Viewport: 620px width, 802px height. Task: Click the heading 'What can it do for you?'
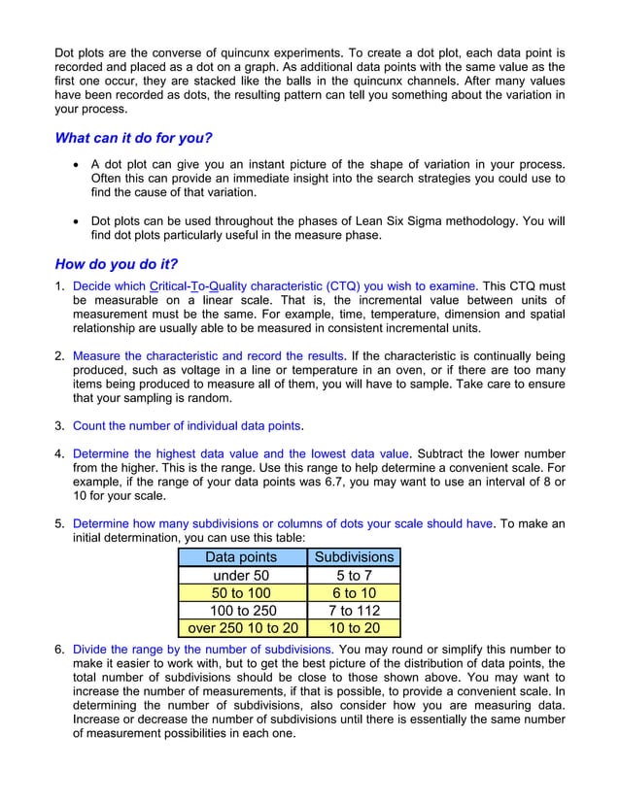[133, 138]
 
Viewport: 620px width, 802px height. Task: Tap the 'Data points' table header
[241, 556]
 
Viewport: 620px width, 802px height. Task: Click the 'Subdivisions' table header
[354, 556]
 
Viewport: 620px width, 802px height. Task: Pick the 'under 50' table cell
[241, 575]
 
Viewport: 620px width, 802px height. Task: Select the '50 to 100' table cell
[241, 592]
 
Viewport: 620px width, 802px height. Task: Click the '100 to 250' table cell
[241, 611]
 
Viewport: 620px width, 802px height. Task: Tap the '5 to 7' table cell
[354, 575]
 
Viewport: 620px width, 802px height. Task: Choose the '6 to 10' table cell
[354, 592]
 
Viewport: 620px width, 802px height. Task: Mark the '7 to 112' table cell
[354, 611]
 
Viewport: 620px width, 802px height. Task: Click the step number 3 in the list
[59, 425]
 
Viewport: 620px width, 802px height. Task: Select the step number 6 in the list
[59, 649]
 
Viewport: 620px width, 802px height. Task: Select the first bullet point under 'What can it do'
[78, 165]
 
